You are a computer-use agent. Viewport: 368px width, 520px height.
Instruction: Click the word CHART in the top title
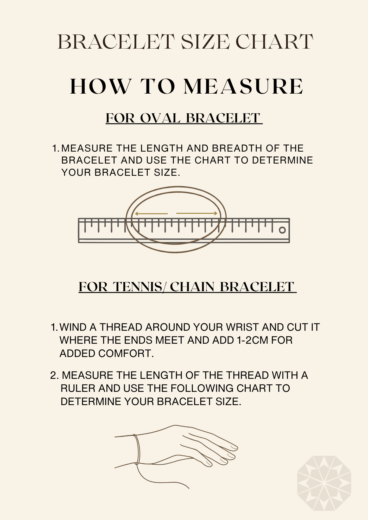[274, 42]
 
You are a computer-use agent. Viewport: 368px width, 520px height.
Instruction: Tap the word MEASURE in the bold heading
[243, 86]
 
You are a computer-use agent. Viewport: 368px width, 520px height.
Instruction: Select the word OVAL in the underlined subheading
[160, 118]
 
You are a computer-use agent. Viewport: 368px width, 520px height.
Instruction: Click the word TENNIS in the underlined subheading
[138, 287]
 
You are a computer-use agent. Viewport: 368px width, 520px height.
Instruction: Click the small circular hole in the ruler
[282, 230]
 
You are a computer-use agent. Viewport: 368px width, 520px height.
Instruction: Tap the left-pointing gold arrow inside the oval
[151, 214]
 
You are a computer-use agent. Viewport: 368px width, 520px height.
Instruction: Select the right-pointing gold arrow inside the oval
[197, 213]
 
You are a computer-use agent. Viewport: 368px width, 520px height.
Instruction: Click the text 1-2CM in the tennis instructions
[252, 340]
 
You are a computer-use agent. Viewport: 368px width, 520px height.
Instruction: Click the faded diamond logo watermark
[324, 483]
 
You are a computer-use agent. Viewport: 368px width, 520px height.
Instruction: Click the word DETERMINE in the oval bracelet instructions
[282, 160]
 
